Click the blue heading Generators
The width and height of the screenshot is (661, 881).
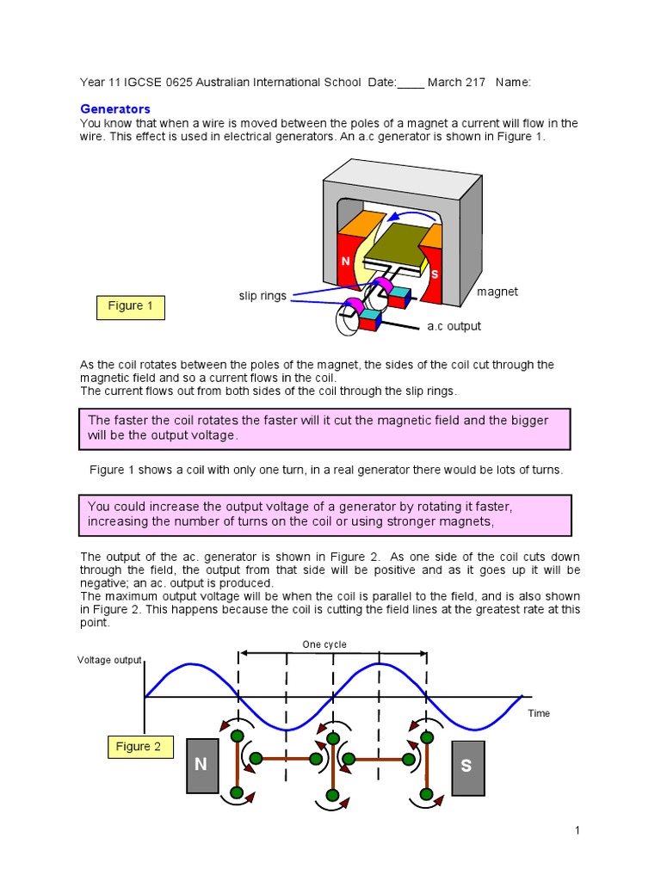[114, 108]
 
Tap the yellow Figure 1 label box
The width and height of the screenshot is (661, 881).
[130, 306]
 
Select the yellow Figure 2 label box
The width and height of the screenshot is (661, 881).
[139, 747]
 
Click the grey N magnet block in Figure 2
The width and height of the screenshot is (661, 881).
[201, 766]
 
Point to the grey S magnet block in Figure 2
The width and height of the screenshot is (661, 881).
[467, 766]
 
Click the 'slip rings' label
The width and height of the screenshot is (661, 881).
[262, 296]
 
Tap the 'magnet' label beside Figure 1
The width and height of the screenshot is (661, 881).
[497, 292]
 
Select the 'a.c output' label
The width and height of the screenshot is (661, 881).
[454, 326]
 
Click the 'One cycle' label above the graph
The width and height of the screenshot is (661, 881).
[324, 644]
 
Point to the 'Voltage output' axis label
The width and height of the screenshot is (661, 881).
[109, 660]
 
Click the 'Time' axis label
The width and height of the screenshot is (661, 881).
[539, 713]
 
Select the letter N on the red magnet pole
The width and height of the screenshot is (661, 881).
[345, 261]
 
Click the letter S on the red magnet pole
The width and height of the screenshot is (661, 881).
[435, 274]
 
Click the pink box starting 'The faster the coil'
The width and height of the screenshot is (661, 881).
[325, 428]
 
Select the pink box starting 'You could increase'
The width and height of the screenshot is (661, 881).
[325, 514]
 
